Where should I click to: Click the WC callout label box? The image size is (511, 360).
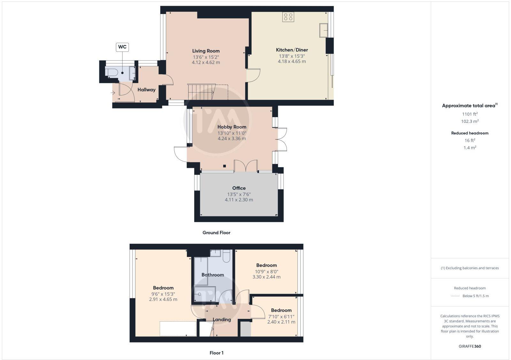(122, 47)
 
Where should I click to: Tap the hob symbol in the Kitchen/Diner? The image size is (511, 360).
(288, 17)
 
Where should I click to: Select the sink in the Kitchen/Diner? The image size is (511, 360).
(324, 30)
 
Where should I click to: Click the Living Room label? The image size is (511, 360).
(206, 51)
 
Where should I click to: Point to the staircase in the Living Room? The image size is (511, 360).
(202, 92)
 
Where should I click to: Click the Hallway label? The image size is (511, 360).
(146, 90)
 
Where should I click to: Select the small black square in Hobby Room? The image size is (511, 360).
(225, 166)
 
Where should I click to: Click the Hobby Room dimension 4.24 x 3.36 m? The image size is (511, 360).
(232, 139)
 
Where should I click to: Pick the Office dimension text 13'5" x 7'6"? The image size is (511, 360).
(239, 194)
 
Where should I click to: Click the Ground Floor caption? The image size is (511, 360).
(216, 233)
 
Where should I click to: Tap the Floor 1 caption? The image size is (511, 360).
(216, 353)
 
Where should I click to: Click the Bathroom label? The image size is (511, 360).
(213, 275)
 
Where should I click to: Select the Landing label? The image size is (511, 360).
(222, 319)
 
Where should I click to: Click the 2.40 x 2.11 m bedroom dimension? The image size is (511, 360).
(281, 322)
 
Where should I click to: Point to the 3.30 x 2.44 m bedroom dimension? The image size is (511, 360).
(266, 277)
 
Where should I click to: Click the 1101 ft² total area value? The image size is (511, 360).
(470, 114)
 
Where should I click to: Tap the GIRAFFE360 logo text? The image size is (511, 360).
(469, 346)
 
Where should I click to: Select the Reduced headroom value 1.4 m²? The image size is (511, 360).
(470, 147)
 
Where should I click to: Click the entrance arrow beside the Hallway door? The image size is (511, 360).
(113, 93)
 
